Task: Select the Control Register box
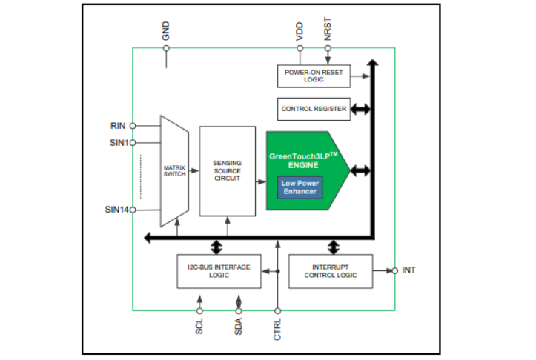click(314, 109)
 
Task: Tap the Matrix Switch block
click(174, 171)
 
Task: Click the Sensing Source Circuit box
click(226, 171)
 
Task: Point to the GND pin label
click(166, 30)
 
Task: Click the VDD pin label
click(300, 30)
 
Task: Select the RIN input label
click(119, 126)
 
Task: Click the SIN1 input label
click(116, 142)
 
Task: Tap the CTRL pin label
click(277, 326)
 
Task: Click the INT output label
click(408, 270)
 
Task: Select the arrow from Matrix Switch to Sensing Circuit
click(194, 171)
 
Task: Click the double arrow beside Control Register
click(361, 109)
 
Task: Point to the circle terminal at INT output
click(395, 270)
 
